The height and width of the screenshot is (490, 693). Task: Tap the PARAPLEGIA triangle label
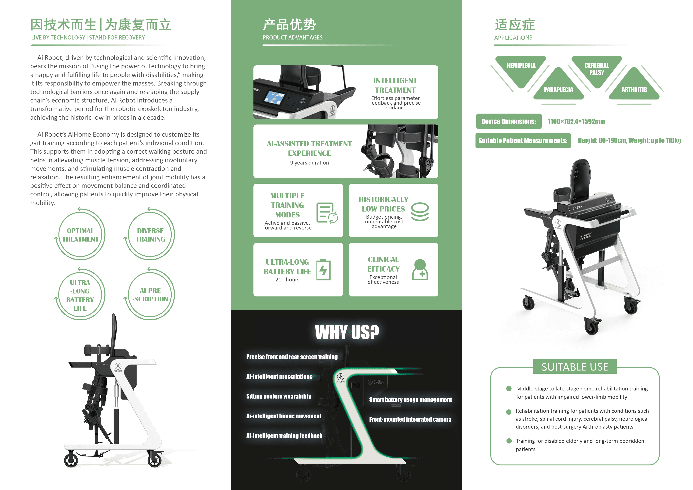(x=558, y=90)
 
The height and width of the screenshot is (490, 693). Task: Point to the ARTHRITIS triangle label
(x=634, y=90)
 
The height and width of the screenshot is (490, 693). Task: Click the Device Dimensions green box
(x=508, y=121)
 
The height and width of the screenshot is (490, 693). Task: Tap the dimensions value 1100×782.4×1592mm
(x=576, y=121)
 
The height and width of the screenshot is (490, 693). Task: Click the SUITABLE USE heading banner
(x=575, y=367)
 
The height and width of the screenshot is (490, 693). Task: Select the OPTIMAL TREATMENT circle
(x=80, y=235)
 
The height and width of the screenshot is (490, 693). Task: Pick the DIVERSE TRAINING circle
(x=150, y=235)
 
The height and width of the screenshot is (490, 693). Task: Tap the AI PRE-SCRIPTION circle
(x=150, y=294)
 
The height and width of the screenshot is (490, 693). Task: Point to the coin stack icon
(x=420, y=212)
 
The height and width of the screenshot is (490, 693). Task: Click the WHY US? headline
(x=347, y=332)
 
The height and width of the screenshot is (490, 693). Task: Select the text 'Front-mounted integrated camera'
(x=410, y=419)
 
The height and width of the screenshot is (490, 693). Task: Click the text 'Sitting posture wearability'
(x=279, y=396)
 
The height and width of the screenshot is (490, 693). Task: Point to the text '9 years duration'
(x=309, y=163)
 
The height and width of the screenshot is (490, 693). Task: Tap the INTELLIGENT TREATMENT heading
(x=395, y=85)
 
